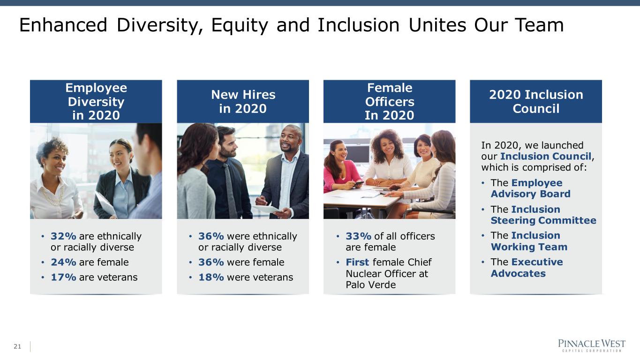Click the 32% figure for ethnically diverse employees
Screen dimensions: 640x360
pos(63,236)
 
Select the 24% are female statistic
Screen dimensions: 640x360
pos(90,262)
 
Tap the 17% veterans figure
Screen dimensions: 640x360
pos(63,277)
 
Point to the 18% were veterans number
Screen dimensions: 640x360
pos(211,277)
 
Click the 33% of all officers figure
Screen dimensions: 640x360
pos(359,236)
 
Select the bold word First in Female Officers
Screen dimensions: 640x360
pos(357,262)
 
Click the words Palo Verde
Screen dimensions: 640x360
pos(371,285)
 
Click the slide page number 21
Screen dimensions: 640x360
pos(17,346)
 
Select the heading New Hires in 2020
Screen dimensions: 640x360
pos(243,102)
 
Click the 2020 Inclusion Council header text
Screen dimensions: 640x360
pos(536,102)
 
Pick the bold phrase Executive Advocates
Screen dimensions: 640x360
pos(527,268)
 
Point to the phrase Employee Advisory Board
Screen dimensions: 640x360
pos(531,188)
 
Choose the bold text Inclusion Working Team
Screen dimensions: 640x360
pos(529,241)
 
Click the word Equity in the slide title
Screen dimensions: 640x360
pos(240,25)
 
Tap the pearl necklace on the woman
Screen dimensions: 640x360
pos(53,196)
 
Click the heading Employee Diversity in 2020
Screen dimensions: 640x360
pos(96,102)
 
